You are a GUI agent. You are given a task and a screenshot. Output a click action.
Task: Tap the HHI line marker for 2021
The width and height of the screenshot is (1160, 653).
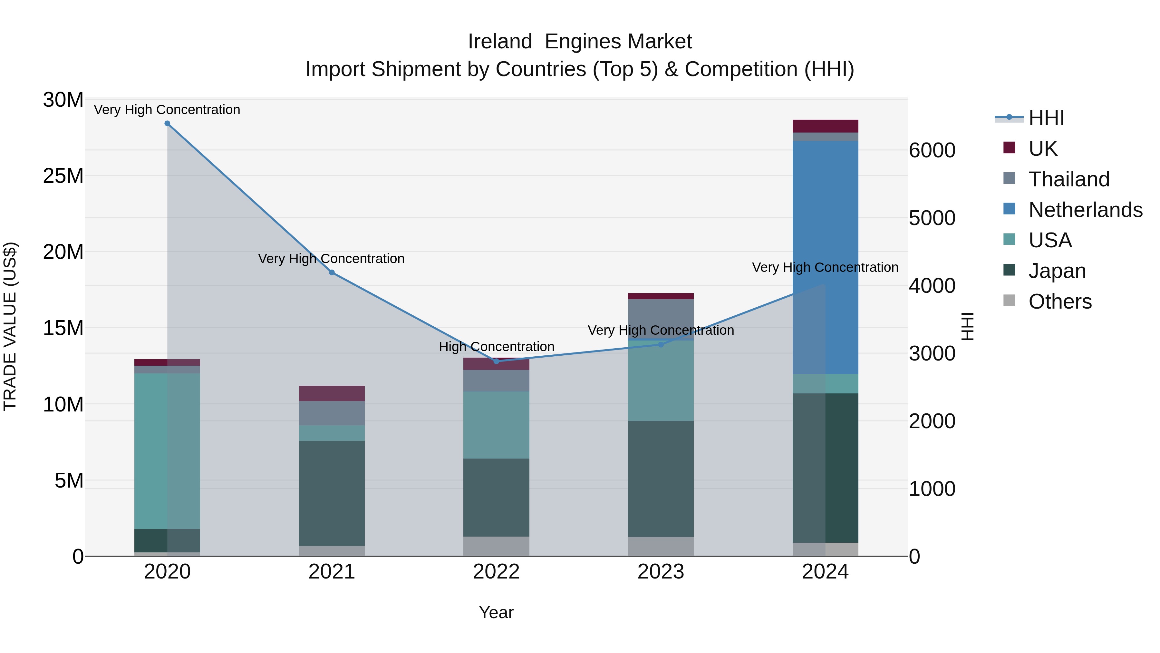coord(332,272)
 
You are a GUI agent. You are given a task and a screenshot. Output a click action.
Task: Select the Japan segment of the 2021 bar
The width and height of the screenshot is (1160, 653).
coord(332,493)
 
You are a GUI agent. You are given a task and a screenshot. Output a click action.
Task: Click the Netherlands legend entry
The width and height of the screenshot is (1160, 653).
coord(1085,210)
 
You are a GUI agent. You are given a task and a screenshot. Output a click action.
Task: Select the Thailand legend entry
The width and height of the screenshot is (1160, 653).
coord(1068,179)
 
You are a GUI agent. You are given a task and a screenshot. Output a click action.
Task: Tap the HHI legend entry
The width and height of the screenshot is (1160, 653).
coord(1046,118)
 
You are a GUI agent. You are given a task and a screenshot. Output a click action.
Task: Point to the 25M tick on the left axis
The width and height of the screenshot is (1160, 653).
coord(63,176)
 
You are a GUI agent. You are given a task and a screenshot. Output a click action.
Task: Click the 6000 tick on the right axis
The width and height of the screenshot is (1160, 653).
coord(932,151)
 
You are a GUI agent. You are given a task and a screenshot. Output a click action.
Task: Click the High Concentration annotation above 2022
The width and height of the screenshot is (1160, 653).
coord(496,347)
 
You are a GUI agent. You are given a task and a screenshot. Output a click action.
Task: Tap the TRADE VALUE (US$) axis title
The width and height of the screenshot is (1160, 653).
coord(10,326)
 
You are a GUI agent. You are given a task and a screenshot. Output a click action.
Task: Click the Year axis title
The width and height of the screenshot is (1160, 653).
coord(496,612)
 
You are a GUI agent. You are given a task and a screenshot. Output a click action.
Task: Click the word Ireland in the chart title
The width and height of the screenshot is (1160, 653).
coord(500,42)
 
